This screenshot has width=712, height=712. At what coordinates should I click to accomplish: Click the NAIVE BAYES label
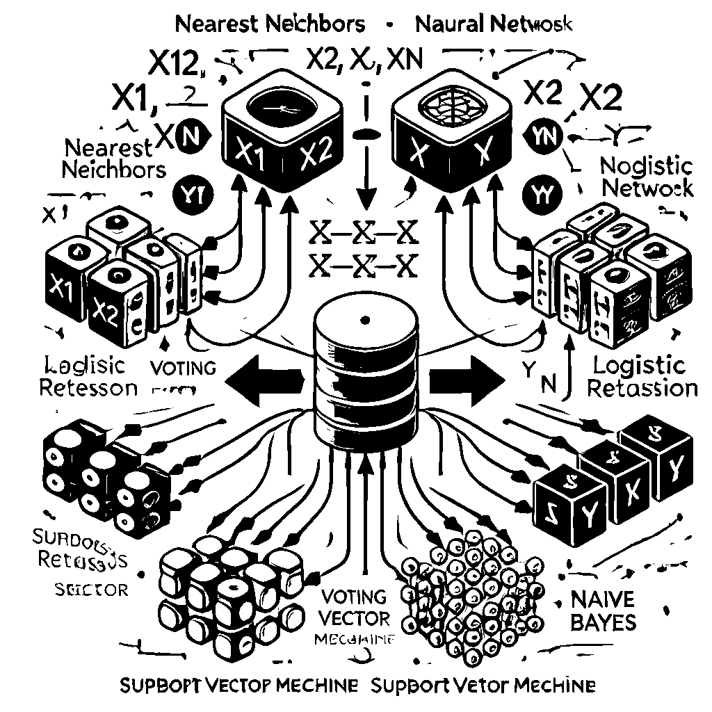coord(603,610)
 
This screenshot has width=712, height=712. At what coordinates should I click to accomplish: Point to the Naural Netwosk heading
coord(494,24)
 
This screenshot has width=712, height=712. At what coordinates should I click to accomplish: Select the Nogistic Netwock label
coord(647,177)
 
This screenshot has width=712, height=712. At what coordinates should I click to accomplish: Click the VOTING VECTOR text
coord(355,607)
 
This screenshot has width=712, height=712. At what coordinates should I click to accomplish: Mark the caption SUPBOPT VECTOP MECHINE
coord(239,685)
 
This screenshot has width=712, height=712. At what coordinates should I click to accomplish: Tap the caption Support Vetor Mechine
coord(483,685)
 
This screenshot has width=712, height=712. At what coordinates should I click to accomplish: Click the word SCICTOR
coord(91,590)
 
